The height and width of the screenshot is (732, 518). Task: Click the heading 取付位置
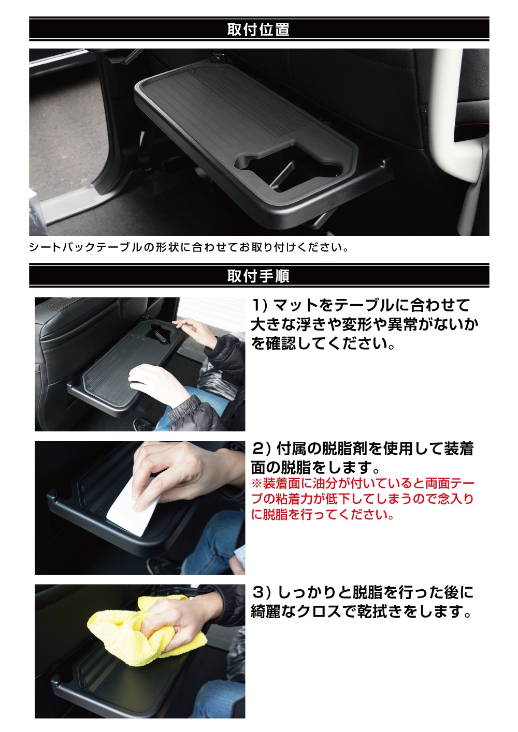pyautogui.click(x=258, y=29)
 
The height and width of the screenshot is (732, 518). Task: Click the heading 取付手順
pyautogui.click(x=258, y=276)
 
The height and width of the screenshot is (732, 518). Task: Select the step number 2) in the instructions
pyautogui.click(x=261, y=449)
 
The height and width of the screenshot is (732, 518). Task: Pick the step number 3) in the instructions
pyautogui.click(x=261, y=592)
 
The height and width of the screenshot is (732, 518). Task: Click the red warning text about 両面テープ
pyautogui.click(x=363, y=499)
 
